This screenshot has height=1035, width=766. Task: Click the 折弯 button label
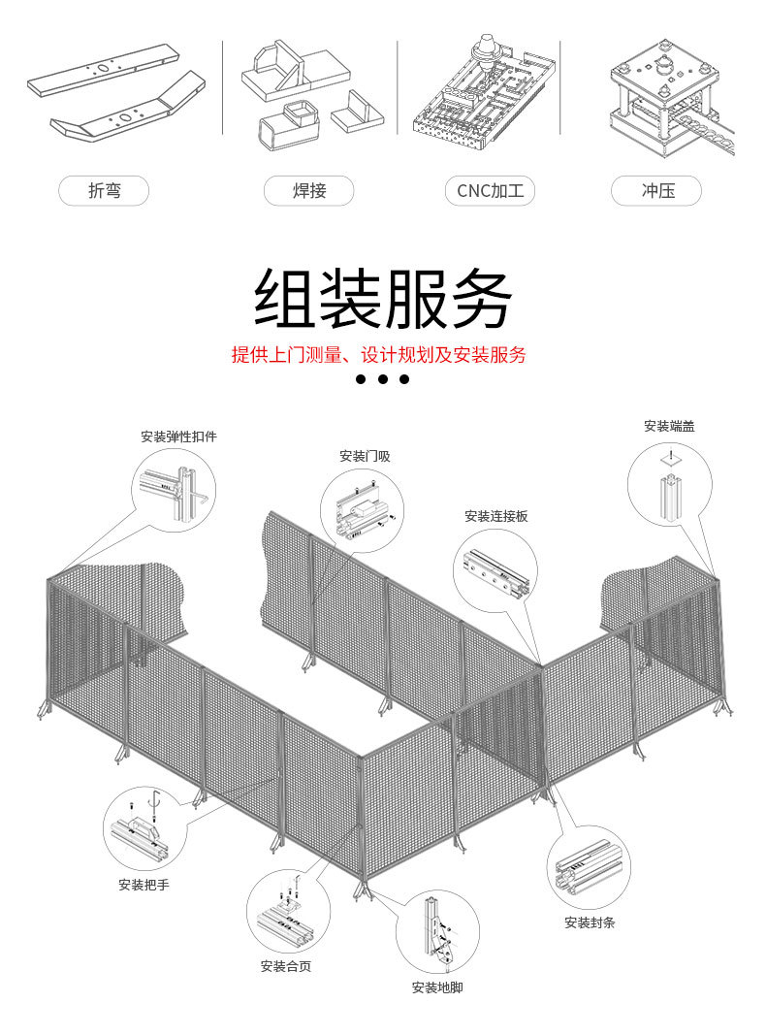point(104,191)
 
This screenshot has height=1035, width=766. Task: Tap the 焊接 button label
point(309,191)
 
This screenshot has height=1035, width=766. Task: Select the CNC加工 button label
point(490,191)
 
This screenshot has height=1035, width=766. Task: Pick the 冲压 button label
point(657,191)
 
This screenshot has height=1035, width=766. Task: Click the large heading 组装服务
point(382,299)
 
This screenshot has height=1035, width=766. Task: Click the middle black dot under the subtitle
point(382,379)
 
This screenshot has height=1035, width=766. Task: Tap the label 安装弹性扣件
point(178,437)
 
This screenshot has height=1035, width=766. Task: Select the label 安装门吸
point(365,456)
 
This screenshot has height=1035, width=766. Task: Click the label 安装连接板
point(495,516)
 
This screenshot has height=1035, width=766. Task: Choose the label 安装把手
point(144,885)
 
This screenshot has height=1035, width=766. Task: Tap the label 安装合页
point(286,966)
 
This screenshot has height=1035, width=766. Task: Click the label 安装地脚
point(437,987)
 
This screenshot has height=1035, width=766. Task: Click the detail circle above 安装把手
point(144,827)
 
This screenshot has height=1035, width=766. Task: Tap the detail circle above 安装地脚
point(437,932)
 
